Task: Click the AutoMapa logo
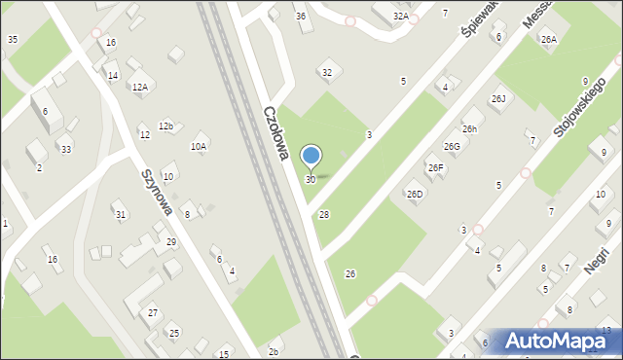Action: (x=558, y=341)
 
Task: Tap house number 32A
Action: (x=400, y=17)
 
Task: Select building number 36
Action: (x=301, y=17)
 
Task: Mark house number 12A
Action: (x=140, y=87)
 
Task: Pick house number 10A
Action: (x=199, y=146)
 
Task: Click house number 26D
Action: (x=415, y=195)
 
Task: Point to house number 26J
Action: (x=498, y=99)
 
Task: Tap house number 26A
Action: (x=549, y=40)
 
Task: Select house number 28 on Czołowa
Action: (x=324, y=214)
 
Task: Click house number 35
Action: (x=12, y=39)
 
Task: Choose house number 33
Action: (x=65, y=149)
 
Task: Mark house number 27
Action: (x=153, y=312)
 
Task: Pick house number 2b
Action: (x=274, y=351)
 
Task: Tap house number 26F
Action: (x=435, y=168)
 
